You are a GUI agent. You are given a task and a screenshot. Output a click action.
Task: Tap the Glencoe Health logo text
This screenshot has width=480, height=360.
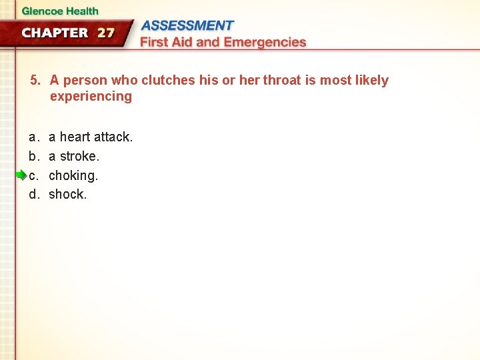[x=59, y=11]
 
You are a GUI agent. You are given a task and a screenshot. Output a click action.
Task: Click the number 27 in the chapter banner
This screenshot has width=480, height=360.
[x=106, y=33]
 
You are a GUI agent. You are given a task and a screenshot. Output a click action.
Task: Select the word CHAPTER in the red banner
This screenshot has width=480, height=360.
[x=55, y=33]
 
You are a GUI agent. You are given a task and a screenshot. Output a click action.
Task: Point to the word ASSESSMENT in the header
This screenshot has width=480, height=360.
[x=188, y=26]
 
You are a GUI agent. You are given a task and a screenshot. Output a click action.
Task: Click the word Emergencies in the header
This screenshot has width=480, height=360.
[x=265, y=42]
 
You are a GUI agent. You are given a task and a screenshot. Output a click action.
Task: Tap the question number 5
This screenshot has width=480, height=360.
[x=35, y=81]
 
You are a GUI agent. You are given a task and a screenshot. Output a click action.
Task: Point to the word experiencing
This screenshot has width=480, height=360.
[x=91, y=97]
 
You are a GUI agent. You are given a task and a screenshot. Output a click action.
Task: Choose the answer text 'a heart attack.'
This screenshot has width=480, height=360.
[x=91, y=137]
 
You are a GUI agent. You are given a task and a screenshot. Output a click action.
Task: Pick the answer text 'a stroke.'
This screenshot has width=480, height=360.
[x=74, y=156]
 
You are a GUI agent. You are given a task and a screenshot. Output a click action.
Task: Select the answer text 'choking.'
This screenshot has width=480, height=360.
[x=73, y=175]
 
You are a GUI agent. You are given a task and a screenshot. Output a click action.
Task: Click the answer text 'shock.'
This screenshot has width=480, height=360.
[x=68, y=195]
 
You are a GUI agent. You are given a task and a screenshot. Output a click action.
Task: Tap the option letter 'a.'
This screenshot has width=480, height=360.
[x=33, y=137]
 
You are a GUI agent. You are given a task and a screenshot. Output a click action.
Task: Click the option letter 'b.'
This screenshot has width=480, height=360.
[x=33, y=156]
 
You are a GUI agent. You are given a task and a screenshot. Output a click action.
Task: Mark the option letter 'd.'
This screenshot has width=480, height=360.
[x=33, y=195]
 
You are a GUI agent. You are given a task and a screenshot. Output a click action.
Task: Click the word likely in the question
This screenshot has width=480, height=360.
[x=371, y=81]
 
